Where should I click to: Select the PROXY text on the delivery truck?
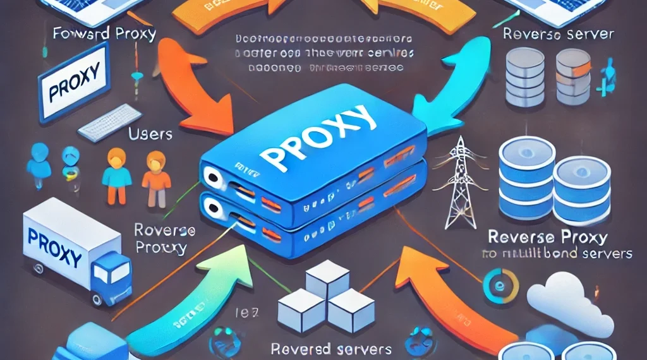[x=55, y=249]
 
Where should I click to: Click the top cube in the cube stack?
[x=327, y=276]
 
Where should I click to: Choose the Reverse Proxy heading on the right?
[x=547, y=238]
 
